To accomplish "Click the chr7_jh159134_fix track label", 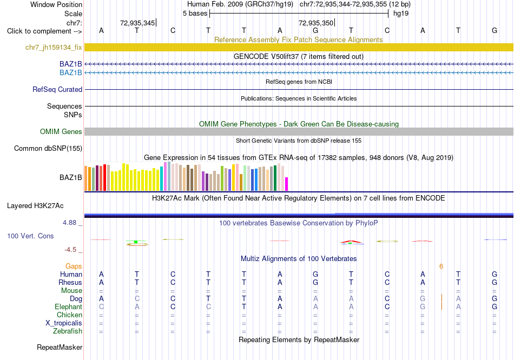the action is click(x=54, y=48).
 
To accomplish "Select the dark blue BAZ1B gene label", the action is click(x=70, y=64).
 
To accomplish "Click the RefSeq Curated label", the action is click(x=57, y=89).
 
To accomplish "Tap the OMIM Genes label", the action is click(x=61, y=132).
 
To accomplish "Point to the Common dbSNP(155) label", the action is click(x=48, y=149).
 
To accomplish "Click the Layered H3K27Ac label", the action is click(x=35, y=206).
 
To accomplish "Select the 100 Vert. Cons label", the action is click(x=30, y=236).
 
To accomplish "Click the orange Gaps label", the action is click(x=74, y=266).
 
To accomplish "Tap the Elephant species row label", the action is click(x=68, y=307).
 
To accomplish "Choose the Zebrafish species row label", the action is click(x=68, y=331).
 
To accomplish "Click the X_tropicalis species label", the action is click(x=64, y=323).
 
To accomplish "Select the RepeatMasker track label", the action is click(x=60, y=347).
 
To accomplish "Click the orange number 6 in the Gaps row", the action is click(x=441, y=266).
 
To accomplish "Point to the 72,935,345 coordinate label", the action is click(x=137, y=23).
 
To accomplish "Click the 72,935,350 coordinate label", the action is click(x=315, y=23).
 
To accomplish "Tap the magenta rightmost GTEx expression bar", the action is click(x=287, y=184).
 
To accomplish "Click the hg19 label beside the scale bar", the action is click(x=401, y=14).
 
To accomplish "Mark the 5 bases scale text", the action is click(x=195, y=14).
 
